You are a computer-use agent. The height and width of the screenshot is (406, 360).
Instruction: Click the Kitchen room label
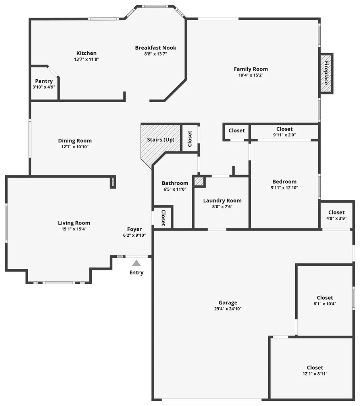point(87,53)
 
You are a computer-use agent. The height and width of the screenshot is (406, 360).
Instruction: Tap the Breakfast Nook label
point(156,48)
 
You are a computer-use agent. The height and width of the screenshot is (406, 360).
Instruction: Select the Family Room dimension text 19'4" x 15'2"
point(250,75)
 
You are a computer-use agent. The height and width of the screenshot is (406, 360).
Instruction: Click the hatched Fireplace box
point(326,73)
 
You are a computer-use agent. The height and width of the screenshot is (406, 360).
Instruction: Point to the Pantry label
point(44,81)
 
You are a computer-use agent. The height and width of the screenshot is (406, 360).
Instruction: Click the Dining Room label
point(75,141)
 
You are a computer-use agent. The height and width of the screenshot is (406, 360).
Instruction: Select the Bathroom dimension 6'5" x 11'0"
point(175,189)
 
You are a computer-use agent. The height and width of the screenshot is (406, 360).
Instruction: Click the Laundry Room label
point(222,201)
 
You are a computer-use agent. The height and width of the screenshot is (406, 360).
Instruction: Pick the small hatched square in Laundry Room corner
point(198,182)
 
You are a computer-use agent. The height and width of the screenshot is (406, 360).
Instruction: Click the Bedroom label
point(285,182)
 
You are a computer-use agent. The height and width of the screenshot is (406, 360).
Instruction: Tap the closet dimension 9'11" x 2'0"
point(284,135)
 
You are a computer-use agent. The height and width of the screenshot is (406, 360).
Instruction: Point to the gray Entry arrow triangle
point(137,263)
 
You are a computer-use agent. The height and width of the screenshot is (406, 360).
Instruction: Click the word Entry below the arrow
point(137,273)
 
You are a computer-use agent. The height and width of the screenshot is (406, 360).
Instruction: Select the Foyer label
point(134,229)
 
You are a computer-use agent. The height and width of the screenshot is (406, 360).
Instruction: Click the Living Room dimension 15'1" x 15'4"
point(74,229)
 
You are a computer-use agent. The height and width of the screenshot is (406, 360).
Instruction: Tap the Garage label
point(228,302)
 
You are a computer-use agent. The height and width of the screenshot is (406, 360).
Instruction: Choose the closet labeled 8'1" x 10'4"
point(325,301)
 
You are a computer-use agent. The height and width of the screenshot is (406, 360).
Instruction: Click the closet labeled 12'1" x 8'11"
point(315,370)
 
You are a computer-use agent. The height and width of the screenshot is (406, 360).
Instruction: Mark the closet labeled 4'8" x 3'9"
point(336,215)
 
